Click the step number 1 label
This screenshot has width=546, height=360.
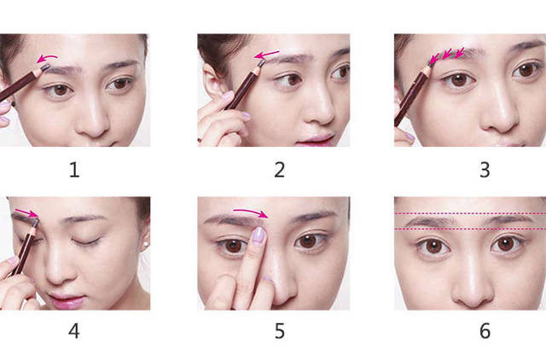pyautogui.click(x=74, y=171)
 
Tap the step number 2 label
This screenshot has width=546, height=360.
pyautogui.click(x=280, y=171)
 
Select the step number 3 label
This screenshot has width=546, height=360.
pyautogui.click(x=485, y=171)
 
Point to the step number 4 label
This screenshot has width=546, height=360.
pyautogui.click(x=74, y=331)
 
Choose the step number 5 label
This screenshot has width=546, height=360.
pyautogui.click(x=280, y=331)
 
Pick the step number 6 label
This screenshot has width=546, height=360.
pyautogui.click(x=485, y=331)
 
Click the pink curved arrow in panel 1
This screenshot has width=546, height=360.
pyautogui.click(x=47, y=57)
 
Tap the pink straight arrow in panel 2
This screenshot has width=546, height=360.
pyautogui.click(x=266, y=55)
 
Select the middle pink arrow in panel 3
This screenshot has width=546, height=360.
pyautogui.click(x=447, y=53)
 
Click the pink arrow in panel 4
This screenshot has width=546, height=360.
pyautogui.click(x=26, y=212)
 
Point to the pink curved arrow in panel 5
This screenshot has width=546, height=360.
pyautogui.click(x=251, y=212)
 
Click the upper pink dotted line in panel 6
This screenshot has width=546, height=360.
pyautogui.click(x=470, y=213)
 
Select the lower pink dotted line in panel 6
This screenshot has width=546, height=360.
pyautogui.click(x=470, y=229)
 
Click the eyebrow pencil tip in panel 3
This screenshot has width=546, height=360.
pyautogui.click(x=433, y=62)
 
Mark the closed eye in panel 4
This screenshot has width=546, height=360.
pyautogui.click(x=85, y=241)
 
